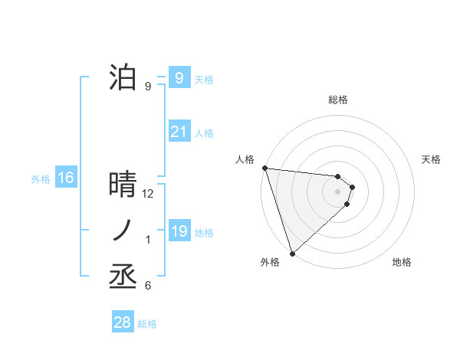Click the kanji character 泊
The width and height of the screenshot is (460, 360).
[123, 77]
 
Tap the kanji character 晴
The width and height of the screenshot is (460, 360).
[123, 185]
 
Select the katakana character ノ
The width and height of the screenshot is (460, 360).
[123, 231]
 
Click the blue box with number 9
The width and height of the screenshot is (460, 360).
[179, 77]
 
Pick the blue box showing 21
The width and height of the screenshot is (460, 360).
[179, 132]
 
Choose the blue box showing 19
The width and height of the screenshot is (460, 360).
[179, 231]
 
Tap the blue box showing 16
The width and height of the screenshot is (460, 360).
[66, 178]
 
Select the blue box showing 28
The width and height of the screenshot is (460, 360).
[122, 322]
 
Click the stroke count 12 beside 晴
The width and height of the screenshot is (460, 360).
[149, 194]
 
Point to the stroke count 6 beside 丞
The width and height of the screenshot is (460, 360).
[148, 286]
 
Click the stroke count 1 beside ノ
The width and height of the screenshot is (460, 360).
[148, 241]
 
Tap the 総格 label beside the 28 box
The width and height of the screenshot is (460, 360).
[147, 324]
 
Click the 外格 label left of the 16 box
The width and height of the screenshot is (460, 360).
[41, 179]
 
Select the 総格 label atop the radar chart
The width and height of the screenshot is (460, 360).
[338, 100]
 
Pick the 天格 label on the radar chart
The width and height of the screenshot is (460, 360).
[432, 159]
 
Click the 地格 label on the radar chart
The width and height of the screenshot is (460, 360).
[402, 262]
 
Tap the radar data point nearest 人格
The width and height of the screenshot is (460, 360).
[264, 168]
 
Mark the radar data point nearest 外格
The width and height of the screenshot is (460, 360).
[292, 252]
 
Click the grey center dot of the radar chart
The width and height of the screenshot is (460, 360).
[338, 191]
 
